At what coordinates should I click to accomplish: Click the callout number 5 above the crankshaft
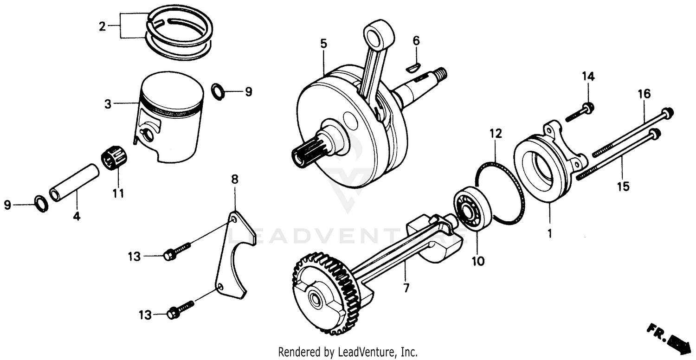323,44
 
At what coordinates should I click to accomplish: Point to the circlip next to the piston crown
218,91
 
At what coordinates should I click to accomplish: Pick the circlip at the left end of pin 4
41,204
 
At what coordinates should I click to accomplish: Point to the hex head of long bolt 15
655,134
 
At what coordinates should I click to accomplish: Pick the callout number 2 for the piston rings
103,26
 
